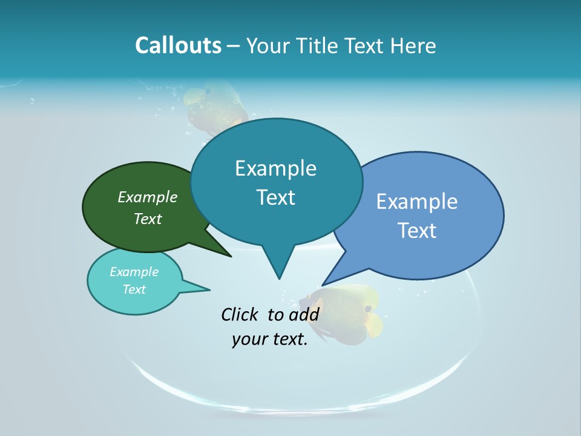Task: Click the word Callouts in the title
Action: tap(178, 45)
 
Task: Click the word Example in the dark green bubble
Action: tap(148, 197)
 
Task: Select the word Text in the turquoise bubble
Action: tap(134, 289)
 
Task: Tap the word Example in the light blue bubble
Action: tap(417, 202)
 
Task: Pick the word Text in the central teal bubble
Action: tap(276, 197)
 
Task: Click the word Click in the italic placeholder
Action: tap(240, 314)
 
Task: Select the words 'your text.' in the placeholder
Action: tap(270, 339)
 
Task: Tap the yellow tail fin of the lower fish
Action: tap(374, 324)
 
